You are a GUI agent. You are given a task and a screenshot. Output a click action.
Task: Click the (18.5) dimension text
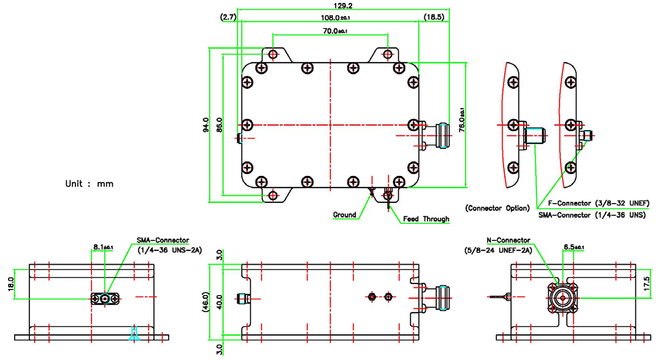(x=434, y=18)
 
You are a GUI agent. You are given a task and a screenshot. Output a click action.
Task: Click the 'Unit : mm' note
(x=90, y=183)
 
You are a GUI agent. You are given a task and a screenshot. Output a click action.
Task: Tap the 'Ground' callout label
(x=344, y=215)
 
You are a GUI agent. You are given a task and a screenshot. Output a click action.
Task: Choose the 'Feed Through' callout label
(x=426, y=219)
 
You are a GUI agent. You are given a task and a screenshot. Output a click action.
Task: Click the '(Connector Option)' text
(x=497, y=208)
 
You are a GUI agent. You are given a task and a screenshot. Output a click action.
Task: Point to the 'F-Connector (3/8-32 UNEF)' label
(x=593, y=203)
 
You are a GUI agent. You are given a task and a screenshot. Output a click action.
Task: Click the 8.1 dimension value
(x=102, y=247)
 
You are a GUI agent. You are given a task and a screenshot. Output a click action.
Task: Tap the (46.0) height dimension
(x=206, y=302)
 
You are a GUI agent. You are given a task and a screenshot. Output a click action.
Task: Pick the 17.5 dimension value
(x=647, y=283)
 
